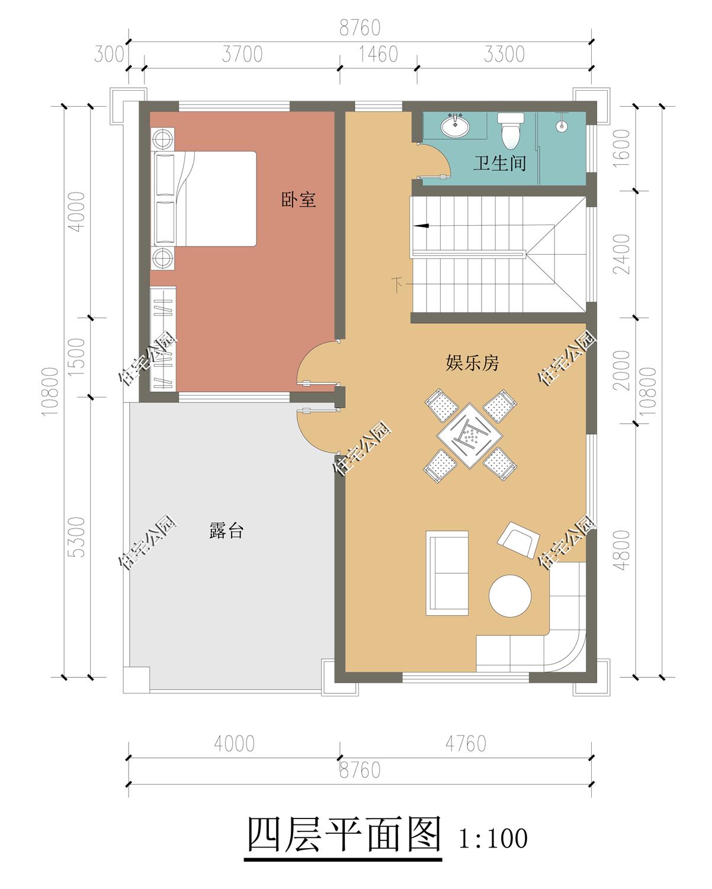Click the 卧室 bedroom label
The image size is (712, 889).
point(298,200)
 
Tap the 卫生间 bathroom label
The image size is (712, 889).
point(500,163)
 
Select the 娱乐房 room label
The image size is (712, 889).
point(472,363)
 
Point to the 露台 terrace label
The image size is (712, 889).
point(226,530)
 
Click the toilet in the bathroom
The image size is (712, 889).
point(511,130)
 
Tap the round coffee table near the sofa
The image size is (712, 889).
point(510,596)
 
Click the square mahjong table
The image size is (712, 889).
point(470,436)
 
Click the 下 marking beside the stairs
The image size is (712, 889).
point(397,284)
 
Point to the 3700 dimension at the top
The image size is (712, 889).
point(242,54)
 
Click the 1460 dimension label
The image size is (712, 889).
point(378,54)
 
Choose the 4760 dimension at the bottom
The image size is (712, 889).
point(466,744)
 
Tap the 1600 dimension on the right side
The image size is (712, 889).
point(621,148)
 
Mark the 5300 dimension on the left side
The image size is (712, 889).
point(76,537)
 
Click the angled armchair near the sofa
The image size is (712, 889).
point(518,540)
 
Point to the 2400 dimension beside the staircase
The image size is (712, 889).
point(621,254)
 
